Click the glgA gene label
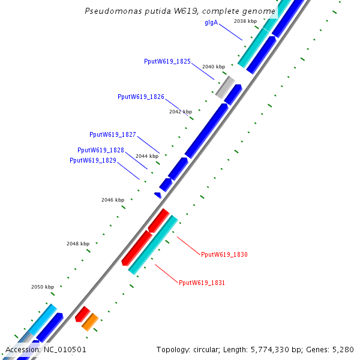point(211,23)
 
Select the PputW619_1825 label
point(167,61)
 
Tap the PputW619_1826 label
point(141,97)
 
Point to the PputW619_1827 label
point(112,134)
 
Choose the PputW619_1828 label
point(101,150)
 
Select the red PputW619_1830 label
point(224,254)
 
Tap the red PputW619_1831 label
point(202,282)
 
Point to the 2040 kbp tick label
point(214,67)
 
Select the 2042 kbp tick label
point(181,112)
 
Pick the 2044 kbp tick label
point(147,156)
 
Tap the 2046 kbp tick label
point(113,200)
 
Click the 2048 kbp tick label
point(78,244)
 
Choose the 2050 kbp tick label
point(43,287)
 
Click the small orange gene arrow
point(90,322)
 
